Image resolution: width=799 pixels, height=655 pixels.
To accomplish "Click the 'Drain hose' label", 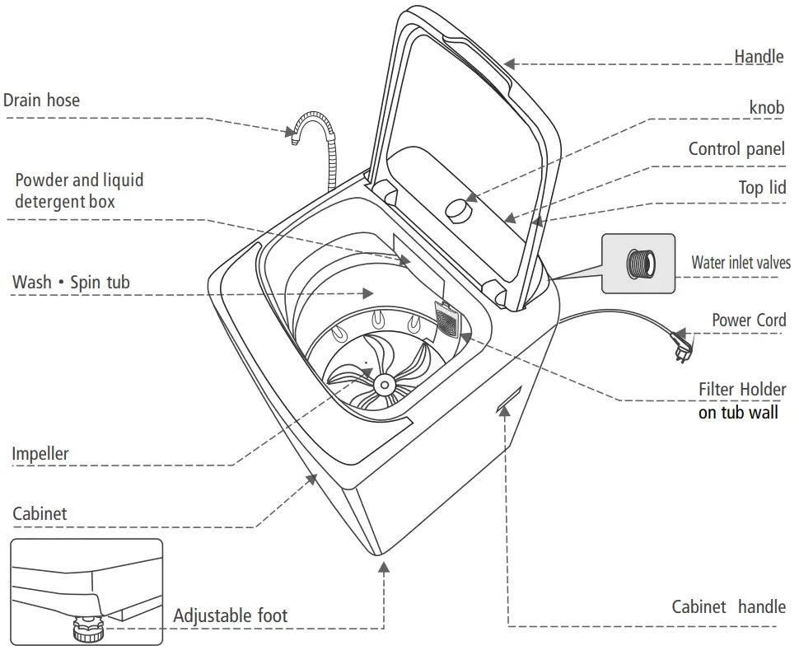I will (42, 101).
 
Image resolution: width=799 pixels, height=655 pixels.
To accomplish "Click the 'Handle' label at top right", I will (759, 56).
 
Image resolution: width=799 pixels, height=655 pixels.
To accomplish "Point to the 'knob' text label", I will (766, 108).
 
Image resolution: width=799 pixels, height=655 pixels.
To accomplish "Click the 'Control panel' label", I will (736, 149).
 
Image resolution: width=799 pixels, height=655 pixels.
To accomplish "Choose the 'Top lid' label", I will (762, 188).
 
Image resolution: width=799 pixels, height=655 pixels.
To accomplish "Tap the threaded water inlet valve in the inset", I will (639, 264).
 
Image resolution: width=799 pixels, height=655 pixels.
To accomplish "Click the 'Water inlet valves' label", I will (741, 263).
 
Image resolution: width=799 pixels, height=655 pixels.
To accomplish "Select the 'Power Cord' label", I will (749, 320).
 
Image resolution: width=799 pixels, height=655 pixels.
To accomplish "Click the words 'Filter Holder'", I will (742, 389).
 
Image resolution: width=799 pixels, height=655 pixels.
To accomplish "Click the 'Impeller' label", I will (40, 453).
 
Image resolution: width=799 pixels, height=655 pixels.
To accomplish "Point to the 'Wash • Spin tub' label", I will (71, 283).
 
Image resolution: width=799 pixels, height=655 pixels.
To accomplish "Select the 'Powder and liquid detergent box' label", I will (78, 190).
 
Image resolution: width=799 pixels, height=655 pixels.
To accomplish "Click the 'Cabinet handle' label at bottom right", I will (728, 607).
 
